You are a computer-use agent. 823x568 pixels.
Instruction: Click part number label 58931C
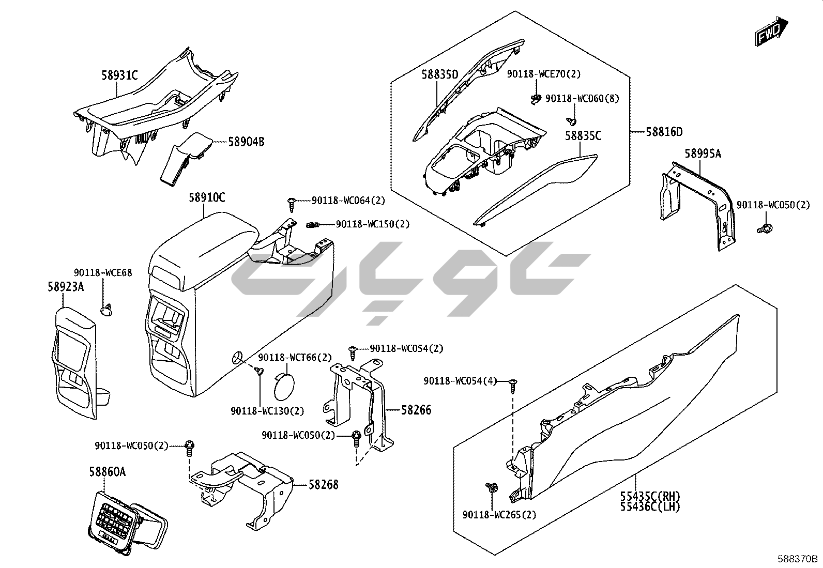119,75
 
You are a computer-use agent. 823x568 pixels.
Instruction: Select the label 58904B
246,141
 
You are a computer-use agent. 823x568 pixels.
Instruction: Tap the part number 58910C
207,197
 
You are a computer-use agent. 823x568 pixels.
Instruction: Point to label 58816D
664,132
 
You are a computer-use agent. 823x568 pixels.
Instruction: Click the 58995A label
703,153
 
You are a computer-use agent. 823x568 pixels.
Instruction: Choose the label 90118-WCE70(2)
543,74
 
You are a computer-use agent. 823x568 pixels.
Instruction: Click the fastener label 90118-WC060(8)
583,98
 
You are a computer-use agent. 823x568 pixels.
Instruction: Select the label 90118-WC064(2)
348,201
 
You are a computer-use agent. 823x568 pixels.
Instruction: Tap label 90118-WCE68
103,272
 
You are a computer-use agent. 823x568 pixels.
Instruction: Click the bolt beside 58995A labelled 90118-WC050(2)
765,228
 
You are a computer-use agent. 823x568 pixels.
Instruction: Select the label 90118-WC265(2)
499,515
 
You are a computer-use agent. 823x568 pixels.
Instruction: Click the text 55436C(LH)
650,507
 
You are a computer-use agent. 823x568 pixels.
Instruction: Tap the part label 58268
324,485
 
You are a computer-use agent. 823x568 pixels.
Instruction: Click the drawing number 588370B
798,559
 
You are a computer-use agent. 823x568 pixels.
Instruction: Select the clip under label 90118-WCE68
107,309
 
